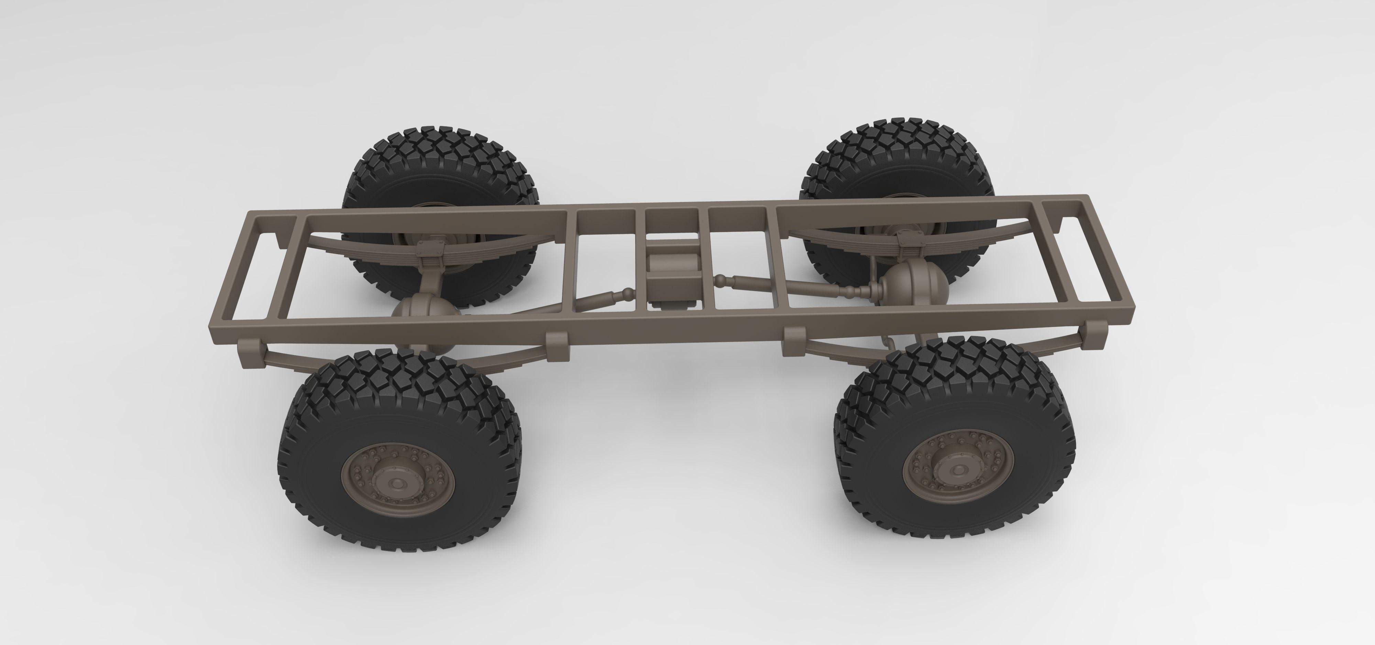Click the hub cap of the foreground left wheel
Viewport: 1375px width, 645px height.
point(397,483)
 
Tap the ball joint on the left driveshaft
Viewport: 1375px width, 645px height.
point(629,292)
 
